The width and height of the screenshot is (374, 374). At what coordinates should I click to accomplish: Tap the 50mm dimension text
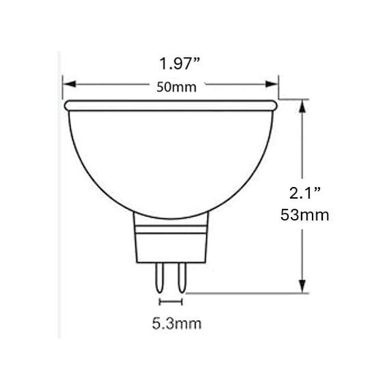tap(172, 86)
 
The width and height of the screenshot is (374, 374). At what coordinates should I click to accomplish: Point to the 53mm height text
tap(308, 215)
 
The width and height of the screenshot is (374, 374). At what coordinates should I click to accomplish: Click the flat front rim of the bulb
tap(170, 106)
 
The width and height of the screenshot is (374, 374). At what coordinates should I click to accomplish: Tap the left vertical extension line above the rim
tap(62, 88)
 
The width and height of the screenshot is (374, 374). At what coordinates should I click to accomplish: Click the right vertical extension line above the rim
tap(278, 88)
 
